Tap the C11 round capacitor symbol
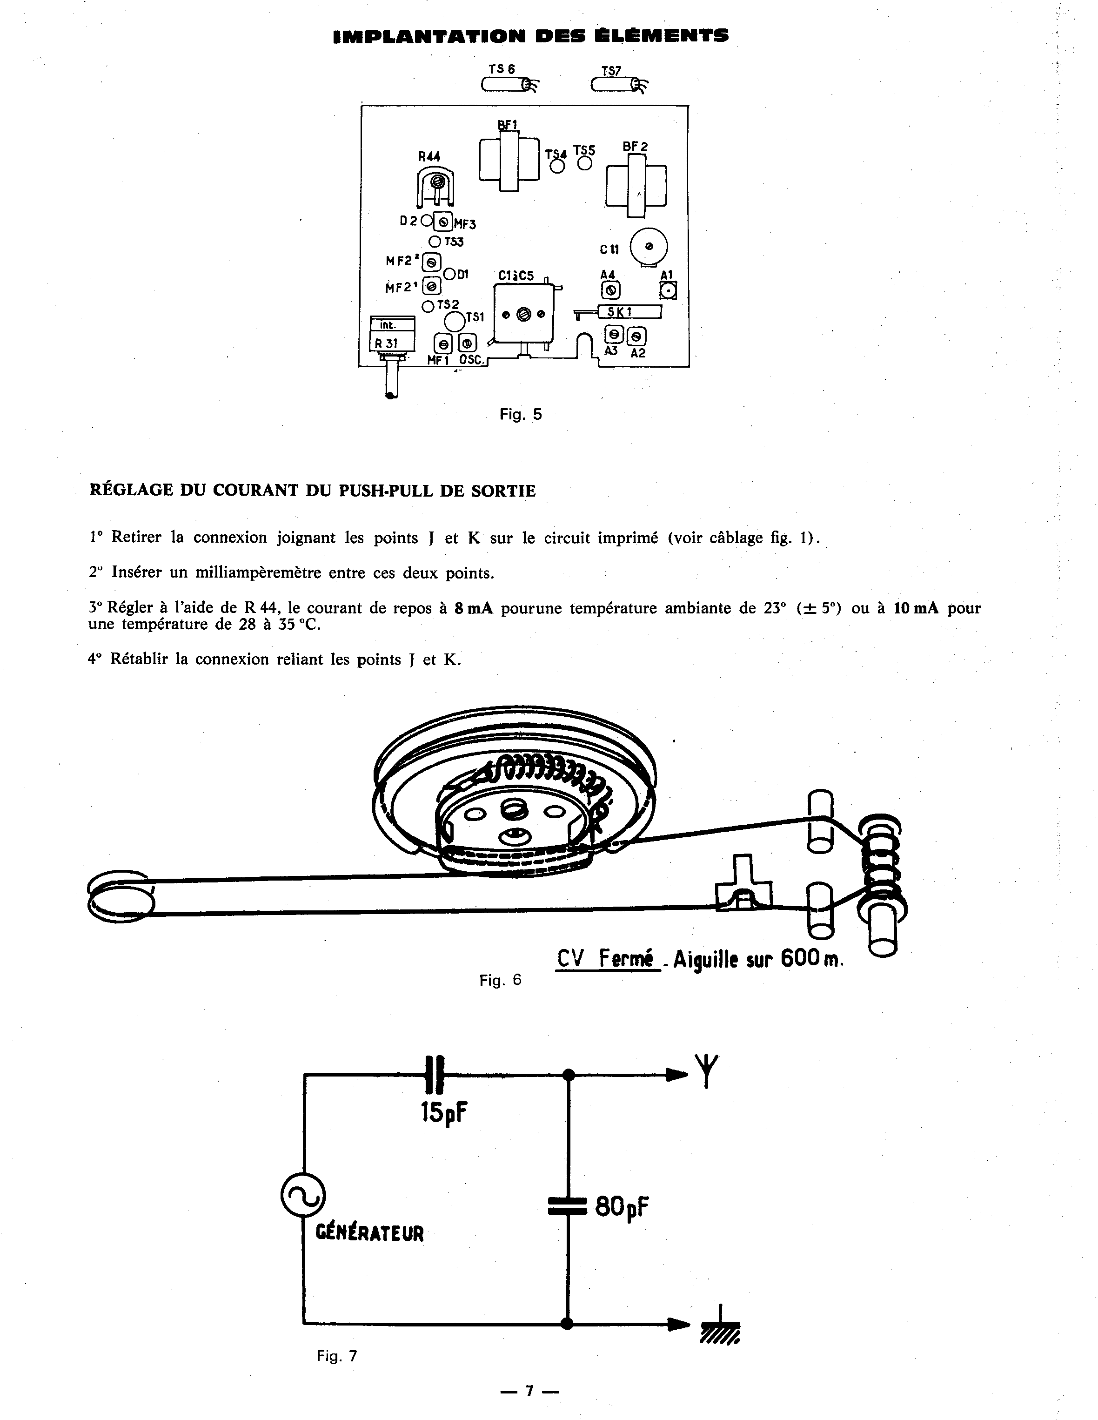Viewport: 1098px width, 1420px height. point(648,248)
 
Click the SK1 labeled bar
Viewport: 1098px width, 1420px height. point(627,312)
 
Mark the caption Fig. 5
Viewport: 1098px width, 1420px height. point(520,414)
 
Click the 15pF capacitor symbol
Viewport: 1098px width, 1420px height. point(435,1076)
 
